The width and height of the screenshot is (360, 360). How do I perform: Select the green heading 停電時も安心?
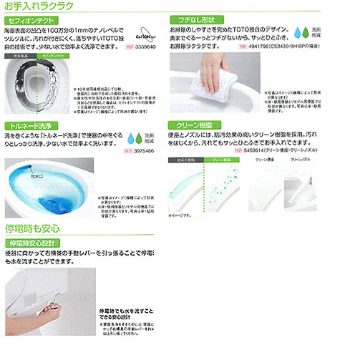[33, 230]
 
